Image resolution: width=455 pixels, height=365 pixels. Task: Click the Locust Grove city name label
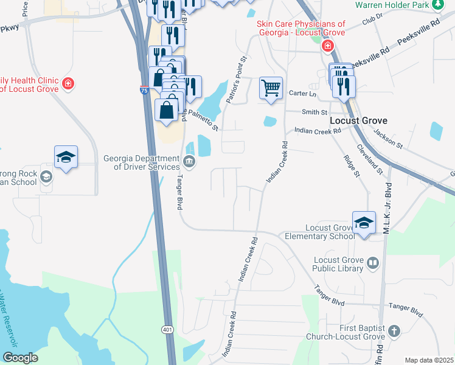[358, 120]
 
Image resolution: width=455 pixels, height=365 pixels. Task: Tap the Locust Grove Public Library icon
[372, 263]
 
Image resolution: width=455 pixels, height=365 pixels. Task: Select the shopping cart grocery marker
[271, 88]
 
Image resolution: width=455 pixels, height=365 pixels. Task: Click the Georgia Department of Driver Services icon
[189, 162]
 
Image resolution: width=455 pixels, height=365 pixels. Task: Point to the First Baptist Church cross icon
[394, 332]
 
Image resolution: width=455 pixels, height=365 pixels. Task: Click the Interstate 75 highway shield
[144, 90]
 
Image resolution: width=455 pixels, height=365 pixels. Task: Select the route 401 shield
[167, 329]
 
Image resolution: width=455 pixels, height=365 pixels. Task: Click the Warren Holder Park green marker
[437, 5]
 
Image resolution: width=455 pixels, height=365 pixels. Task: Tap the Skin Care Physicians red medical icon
[328, 46]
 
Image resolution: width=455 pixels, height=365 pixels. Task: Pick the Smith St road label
[315, 113]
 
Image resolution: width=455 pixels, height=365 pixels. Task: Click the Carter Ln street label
[303, 94]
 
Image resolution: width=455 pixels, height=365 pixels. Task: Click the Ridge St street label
[352, 166]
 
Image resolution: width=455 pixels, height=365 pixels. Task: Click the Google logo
[20, 358]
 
